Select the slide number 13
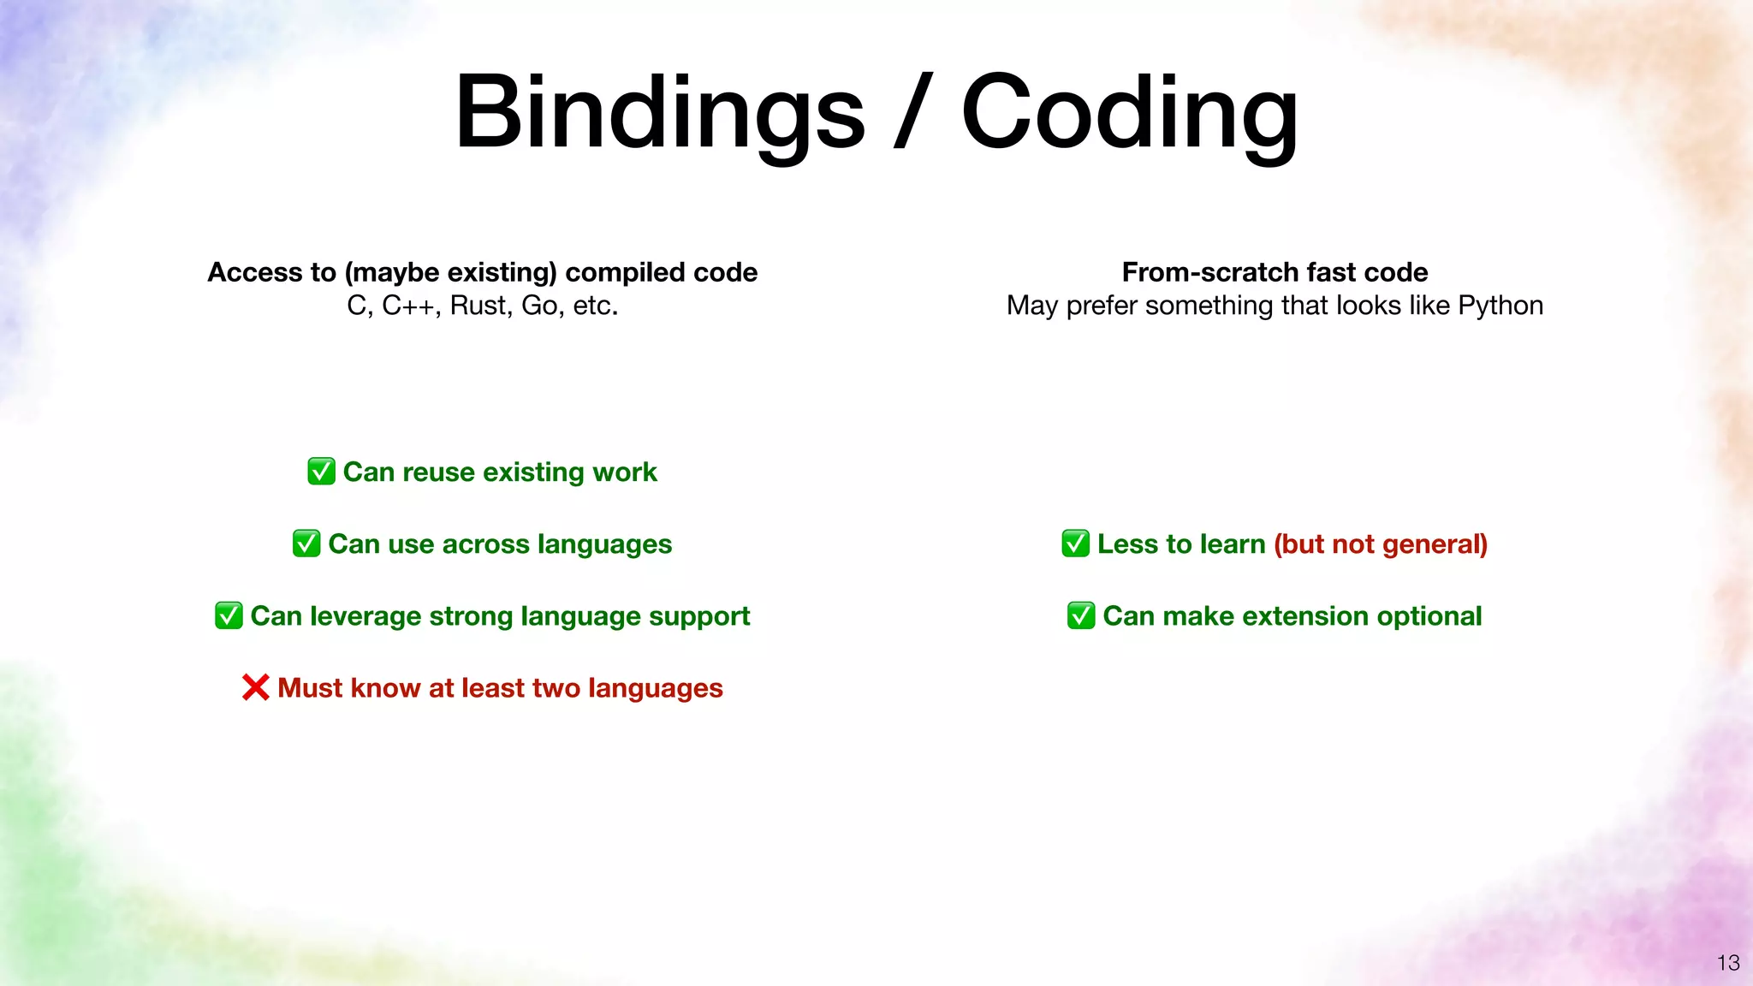(1727, 963)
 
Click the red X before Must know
(255, 687)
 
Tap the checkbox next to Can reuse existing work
(321, 472)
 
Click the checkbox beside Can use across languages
(306, 543)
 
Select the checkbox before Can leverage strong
(229, 615)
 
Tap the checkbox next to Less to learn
(1075, 543)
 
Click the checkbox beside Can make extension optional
(1081, 615)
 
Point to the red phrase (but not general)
(1380, 544)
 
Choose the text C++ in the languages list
(409, 306)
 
